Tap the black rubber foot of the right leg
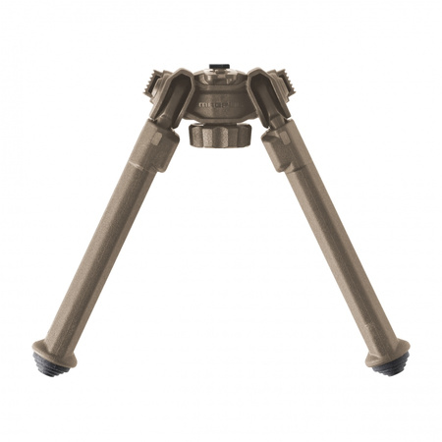pos(391,364)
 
